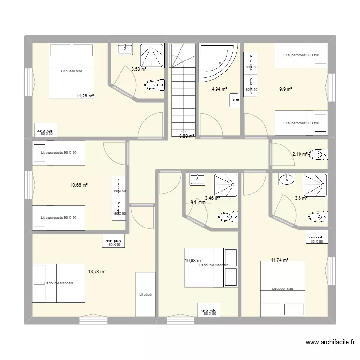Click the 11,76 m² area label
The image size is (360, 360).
(85, 96)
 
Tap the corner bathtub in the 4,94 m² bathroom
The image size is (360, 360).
(217, 61)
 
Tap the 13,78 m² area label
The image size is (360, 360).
(96, 271)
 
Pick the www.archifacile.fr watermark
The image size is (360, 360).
(330, 342)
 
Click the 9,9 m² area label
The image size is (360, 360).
(286, 89)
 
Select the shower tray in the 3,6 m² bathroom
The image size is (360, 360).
(315, 185)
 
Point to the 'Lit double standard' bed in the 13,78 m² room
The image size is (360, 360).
(59, 283)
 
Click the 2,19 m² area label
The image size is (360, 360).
(300, 154)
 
